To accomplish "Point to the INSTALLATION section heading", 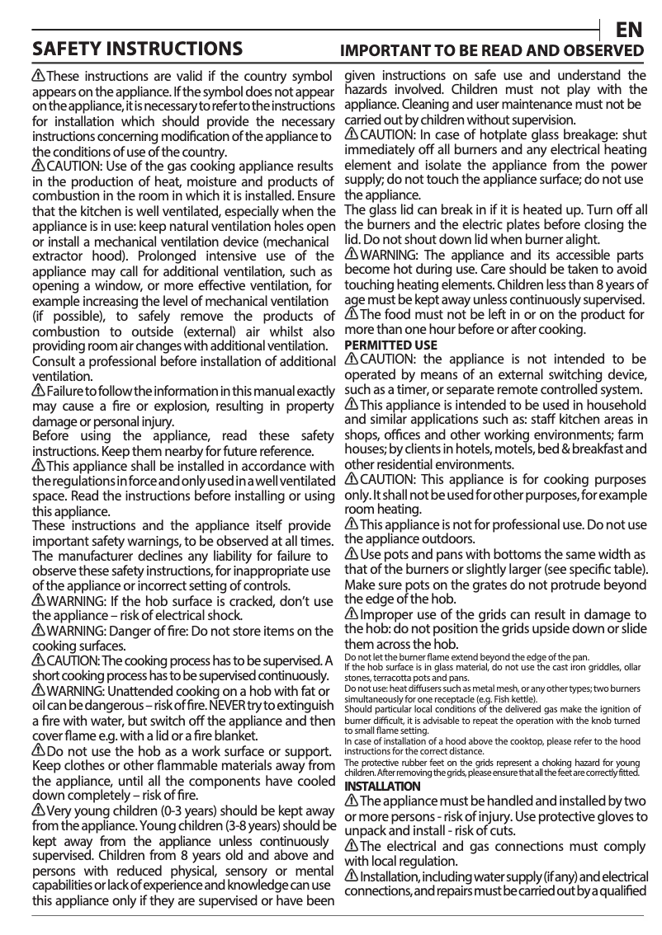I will [x=381, y=786].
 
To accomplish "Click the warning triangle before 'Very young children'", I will [x=39, y=811].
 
